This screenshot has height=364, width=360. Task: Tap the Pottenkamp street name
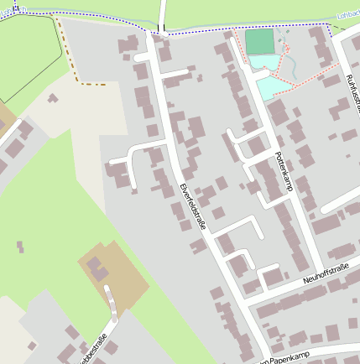tap(283, 171)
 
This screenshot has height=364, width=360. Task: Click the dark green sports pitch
tap(259, 42)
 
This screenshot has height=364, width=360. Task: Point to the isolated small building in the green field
tap(20, 247)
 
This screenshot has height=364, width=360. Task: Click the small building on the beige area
tap(52, 99)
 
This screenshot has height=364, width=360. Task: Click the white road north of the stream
tap(162, 12)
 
